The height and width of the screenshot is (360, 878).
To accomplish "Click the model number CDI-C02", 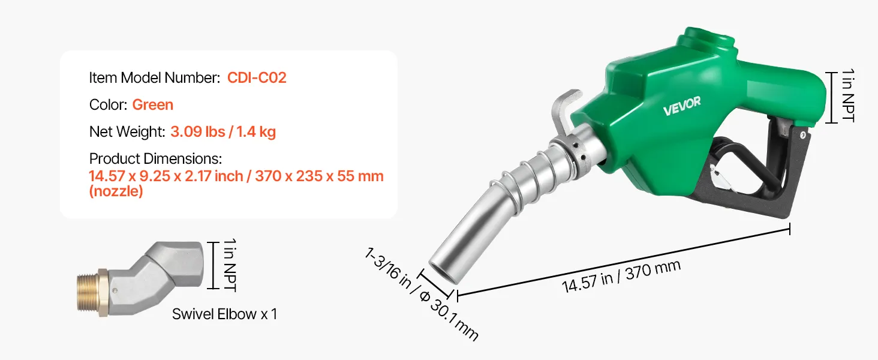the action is [257, 77].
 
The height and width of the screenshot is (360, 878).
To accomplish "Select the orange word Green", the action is [152, 105].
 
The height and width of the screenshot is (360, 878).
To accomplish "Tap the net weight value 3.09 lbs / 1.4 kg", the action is [223, 132].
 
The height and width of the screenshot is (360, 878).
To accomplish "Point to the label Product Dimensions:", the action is [155, 159].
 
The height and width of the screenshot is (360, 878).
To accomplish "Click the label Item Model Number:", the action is [155, 77].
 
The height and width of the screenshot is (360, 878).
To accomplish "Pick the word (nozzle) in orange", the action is [116, 191].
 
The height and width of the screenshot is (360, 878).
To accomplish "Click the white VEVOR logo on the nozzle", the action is [682, 106].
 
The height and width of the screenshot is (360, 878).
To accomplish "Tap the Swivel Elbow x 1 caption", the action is [224, 314].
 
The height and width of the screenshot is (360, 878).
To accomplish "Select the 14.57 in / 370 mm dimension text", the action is [621, 276].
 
